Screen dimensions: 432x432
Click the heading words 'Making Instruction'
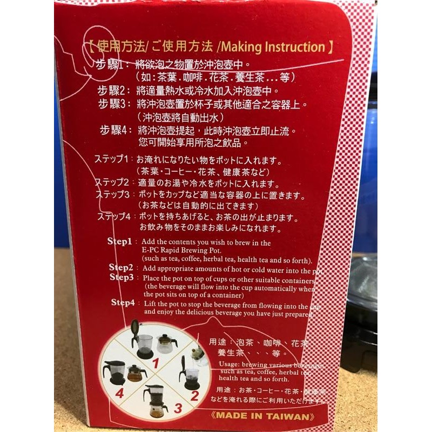click(292, 47)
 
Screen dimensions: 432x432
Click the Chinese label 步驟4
click(114, 130)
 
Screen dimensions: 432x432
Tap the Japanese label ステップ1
click(113, 159)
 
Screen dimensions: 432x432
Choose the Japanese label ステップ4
click(114, 217)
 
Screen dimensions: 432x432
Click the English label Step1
click(119, 242)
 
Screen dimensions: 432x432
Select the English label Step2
click(121, 267)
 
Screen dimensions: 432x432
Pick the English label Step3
click(122, 277)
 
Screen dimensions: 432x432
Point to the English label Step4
click(123, 302)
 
